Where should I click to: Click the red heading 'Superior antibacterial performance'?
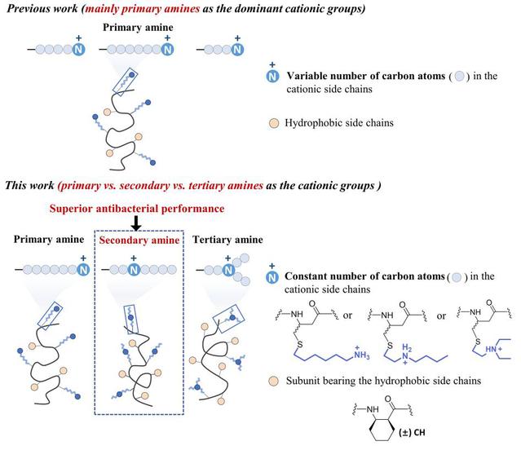click(136, 208)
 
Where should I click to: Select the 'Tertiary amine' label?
click(227, 240)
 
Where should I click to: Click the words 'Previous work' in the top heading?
click(40, 9)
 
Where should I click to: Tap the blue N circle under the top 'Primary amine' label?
click(167, 50)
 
